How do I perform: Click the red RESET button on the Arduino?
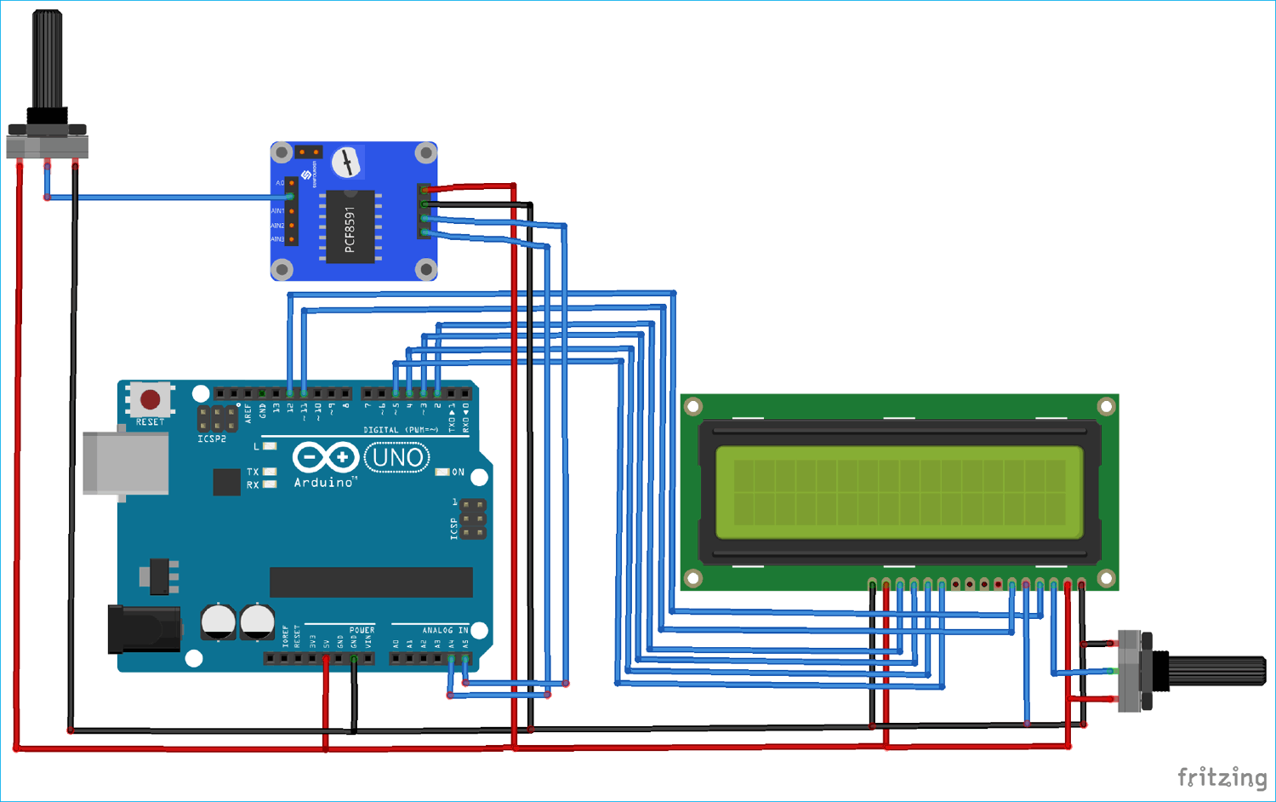pyautogui.click(x=151, y=399)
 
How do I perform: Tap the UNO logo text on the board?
pyautogui.click(x=397, y=458)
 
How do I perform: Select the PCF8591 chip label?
pyautogui.click(x=350, y=229)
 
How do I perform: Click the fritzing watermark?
pyautogui.click(x=1222, y=776)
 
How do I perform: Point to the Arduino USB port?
pyautogui.click(x=125, y=463)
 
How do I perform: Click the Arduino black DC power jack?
pyautogui.click(x=142, y=629)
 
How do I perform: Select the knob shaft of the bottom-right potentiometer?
pyautogui.click(x=1216, y=671)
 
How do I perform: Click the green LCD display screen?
pyautogui.click(x=899, y=492)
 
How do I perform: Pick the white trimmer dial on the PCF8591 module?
pyautogui.click(x=346, y=162)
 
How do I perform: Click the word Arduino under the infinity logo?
pyautogui.click(x=323, y=483)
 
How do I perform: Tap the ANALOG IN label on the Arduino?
pyautogui.click(x=445, y=630)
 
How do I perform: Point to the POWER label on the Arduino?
pyautogui.click(x=362, y=630)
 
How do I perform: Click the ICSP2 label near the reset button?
pyautogui.click(x=212, y=439)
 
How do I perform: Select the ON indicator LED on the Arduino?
pyautogui.click(x=442, y=472)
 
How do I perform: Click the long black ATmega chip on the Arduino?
pyautogui.click(x=371, y=582)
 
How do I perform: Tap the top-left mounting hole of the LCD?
pyautogui.click(x=693, y=407)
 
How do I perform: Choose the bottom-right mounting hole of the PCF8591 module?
pyautogui.click(x=425, y=269)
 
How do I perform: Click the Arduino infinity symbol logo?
pyautogui.click(x=325, y=458)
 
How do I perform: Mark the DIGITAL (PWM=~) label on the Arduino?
pyautogui.click(x=401, y=430)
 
